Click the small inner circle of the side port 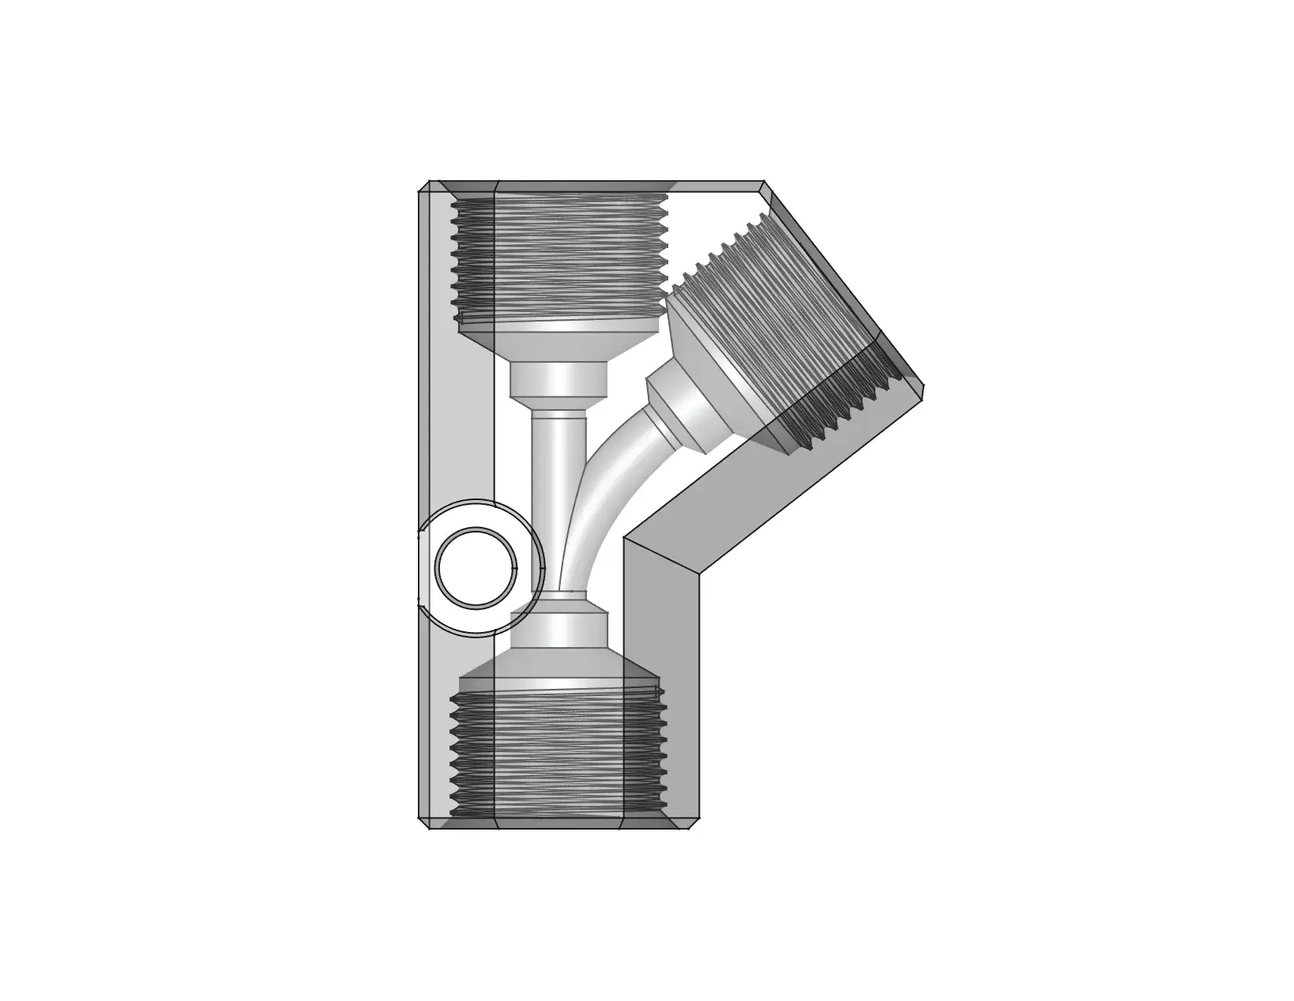[x=477, y=567]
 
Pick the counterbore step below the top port [x=559, y=379]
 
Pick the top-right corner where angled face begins [x=765, y=184]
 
